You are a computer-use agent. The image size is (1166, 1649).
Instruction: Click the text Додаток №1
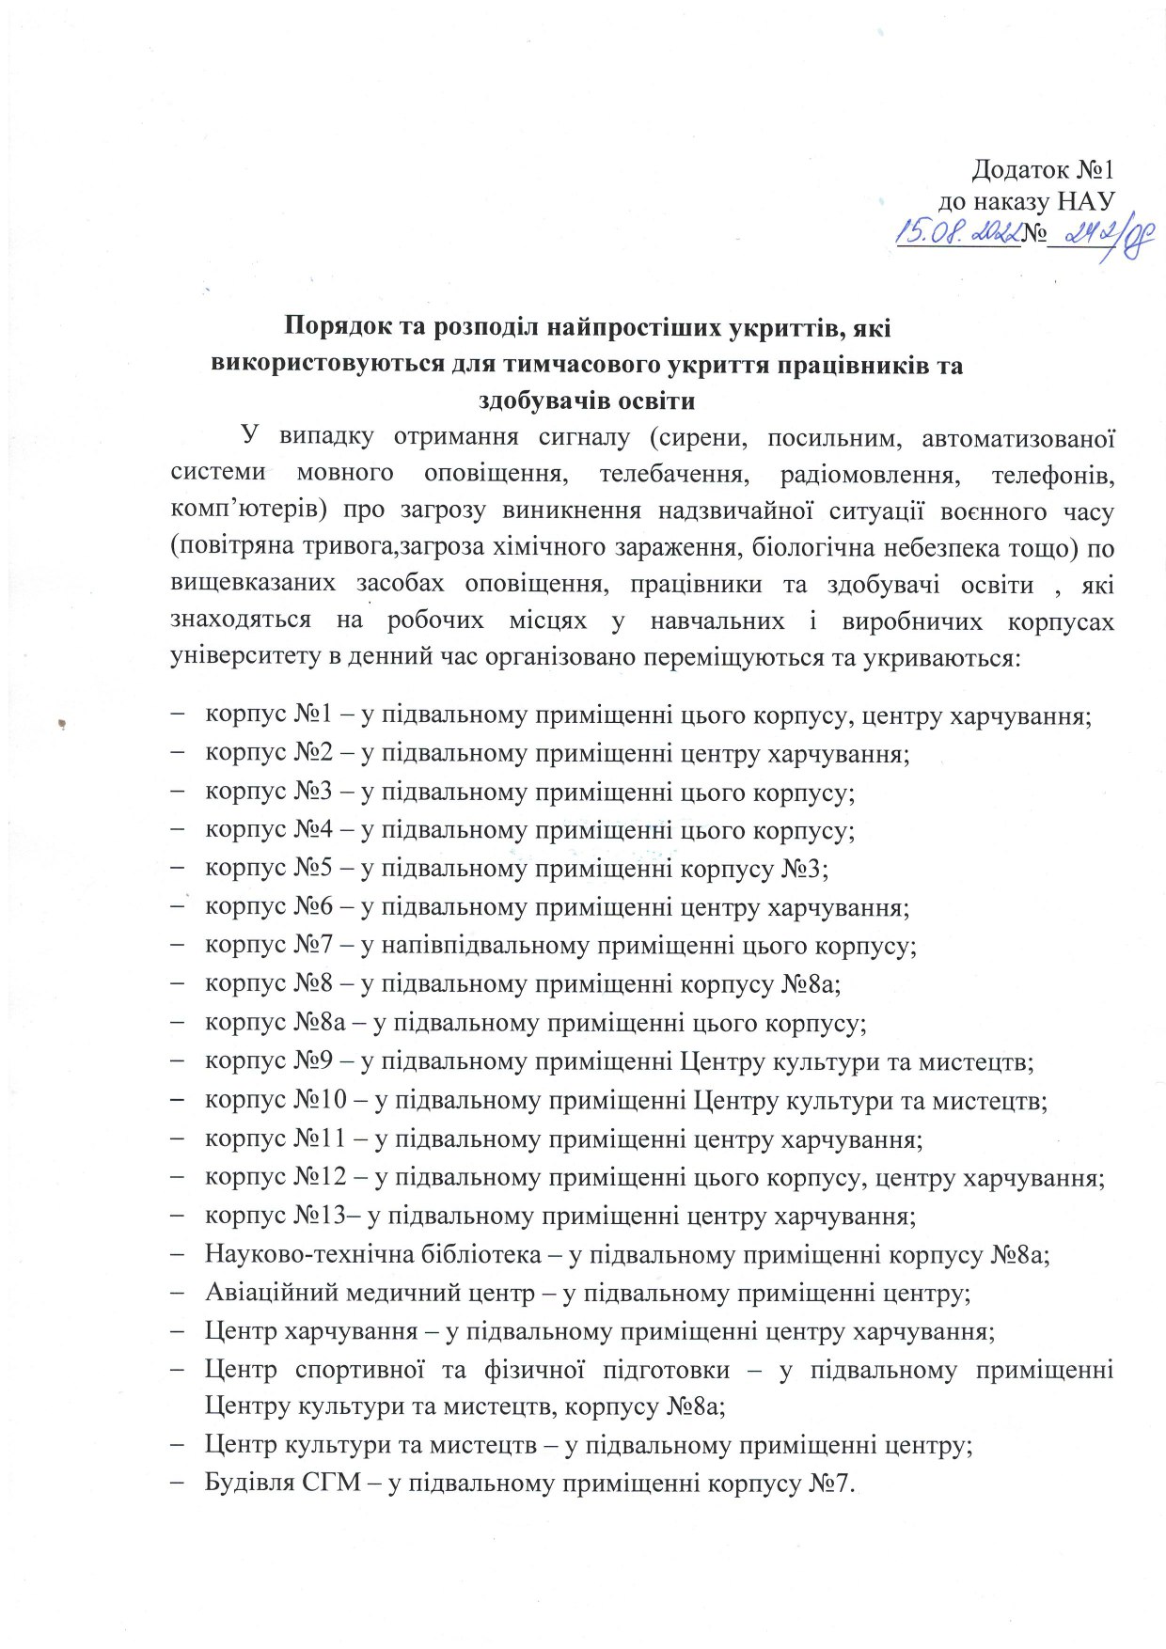coord(1042,169)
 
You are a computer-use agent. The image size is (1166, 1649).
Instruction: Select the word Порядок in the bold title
coord(336,328)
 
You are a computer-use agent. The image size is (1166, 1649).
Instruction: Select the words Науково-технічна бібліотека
coord(373,1254)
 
